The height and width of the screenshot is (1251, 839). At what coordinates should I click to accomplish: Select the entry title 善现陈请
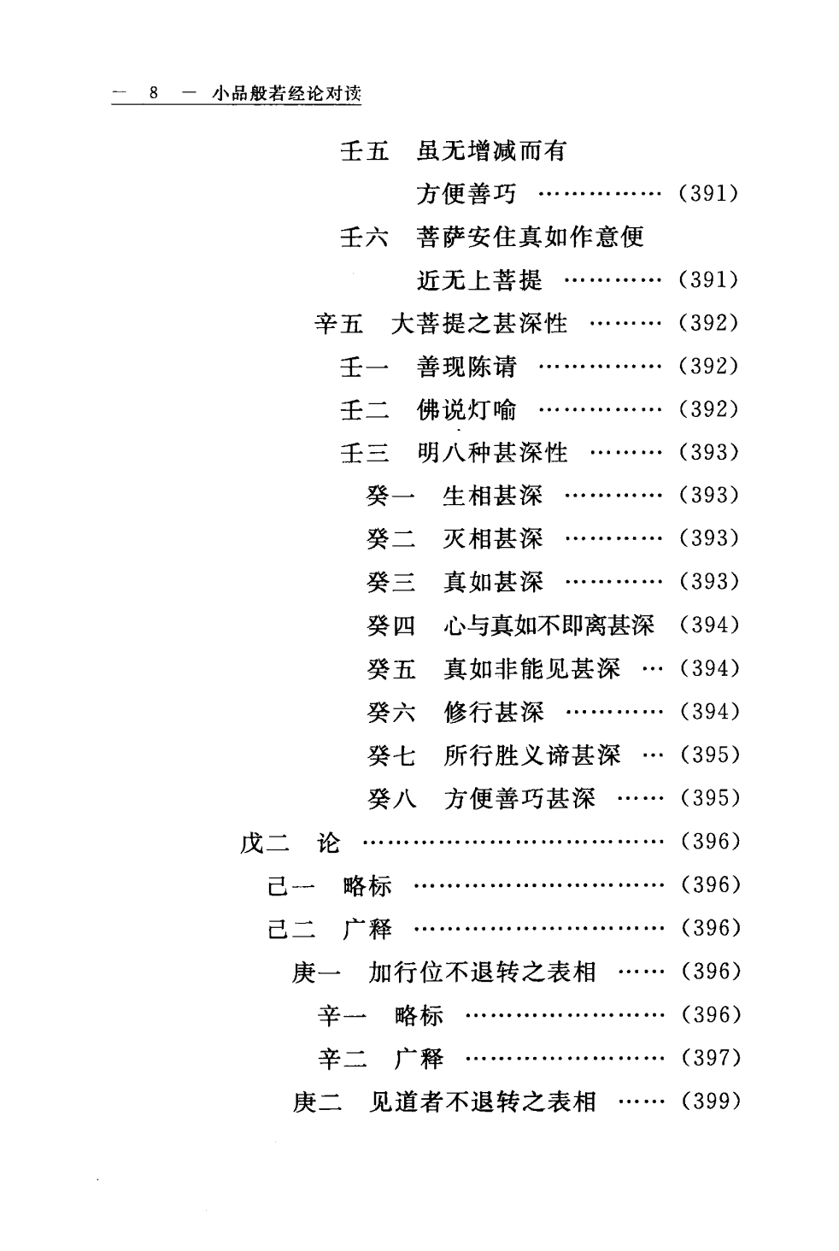[466, 367]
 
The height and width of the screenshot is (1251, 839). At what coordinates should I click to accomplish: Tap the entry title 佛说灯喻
[466, 410]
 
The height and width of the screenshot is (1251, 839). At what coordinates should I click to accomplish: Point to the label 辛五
[338, 324]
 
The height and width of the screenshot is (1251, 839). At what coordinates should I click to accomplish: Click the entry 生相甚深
[492, 496]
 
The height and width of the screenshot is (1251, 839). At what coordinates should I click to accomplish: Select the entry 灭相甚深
[492, 539]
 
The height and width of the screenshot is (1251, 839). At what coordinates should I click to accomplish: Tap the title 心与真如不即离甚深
[549, 626]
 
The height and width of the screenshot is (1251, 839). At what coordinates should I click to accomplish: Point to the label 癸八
[391, 799]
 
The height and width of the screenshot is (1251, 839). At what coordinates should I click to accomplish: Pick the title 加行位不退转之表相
[482, 972]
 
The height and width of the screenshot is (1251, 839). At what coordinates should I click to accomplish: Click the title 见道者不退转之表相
[482, 1102]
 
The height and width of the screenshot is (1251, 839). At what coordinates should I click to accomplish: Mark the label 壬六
[365, 238]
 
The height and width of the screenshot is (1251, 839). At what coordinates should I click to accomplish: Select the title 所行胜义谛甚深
[531, 755]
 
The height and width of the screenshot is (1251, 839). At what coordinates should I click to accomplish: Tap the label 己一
[291, 886]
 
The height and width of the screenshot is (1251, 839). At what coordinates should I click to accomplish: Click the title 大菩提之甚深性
[479, 324]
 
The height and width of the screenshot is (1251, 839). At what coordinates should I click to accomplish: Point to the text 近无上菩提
[479, 280]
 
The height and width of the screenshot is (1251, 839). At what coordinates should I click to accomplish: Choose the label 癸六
[391, 712]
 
